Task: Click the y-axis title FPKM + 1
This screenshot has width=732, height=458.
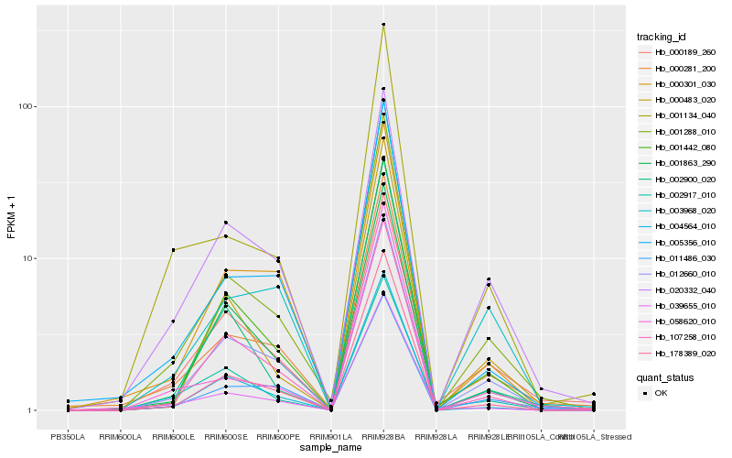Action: [x=11, y=217]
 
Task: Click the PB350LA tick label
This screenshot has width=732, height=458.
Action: [x=68, y=437]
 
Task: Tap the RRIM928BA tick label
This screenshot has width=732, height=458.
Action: [x=383, y=437]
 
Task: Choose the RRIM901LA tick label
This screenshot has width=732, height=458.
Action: [x=330, y=437]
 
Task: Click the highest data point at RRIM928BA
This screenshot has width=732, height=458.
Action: [x=383, y=25]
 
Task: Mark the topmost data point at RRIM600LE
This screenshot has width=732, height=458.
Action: [x=173, y=250]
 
